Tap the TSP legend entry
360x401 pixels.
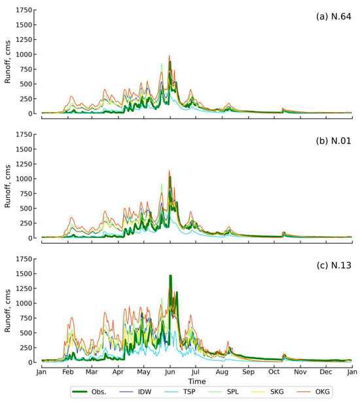pos(190,391)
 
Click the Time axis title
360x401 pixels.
pos(196,381)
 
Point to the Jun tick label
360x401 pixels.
pos(170,372)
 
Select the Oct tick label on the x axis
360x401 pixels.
pos(274,372)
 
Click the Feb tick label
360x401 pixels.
pos(67,372)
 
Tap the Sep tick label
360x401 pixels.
pos(248,372)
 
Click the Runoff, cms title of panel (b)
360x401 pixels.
pos(8,187)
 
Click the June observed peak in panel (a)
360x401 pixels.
pos(170,62)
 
